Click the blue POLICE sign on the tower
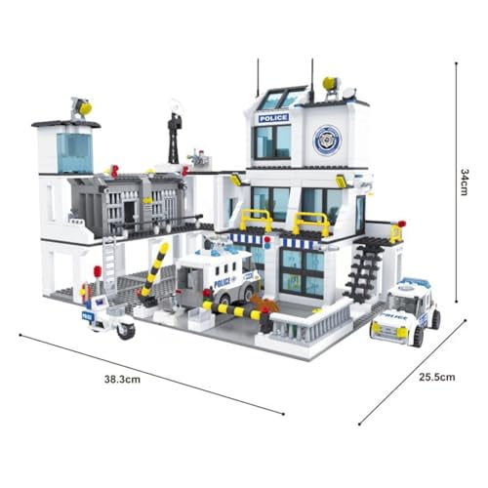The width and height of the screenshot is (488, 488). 273,118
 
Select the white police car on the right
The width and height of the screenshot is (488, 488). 405,309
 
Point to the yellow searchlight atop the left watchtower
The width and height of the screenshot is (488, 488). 82,108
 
